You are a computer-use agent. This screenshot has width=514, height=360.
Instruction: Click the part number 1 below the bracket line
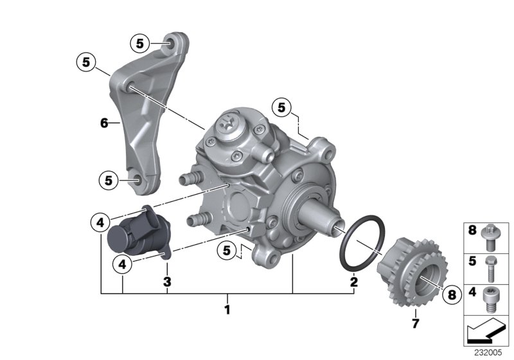pyautogui.click(x=226, y=309)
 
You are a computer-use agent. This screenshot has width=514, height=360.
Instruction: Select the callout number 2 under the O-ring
pyautogui.click(x=353, y=282)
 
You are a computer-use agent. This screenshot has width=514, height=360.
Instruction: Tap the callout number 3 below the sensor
pyautogui.click(x=167, y=282)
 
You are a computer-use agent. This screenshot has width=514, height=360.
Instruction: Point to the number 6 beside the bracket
pyautogui.click(x=103, y=122)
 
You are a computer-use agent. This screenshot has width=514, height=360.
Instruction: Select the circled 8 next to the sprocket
pyautogui.click(x=451, y=294)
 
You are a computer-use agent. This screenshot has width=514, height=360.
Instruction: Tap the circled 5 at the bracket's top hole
pyautogui.click(x=141, y=44)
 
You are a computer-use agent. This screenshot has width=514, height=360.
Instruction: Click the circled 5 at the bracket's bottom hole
pyautogui.click(x=110, y=181)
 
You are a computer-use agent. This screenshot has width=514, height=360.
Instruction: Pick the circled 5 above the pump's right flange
pyautogui.click(x=281, y=106)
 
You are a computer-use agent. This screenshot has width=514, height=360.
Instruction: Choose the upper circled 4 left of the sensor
pyautogui.click(x=100, y=222)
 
